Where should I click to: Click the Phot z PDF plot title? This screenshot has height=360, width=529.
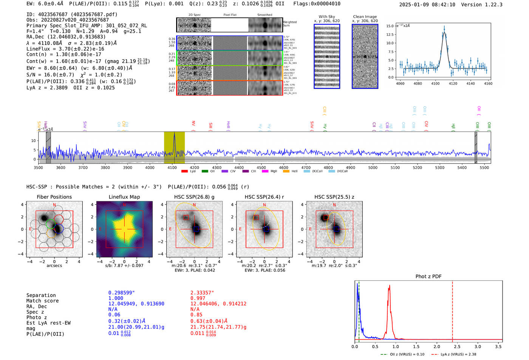point(428,277)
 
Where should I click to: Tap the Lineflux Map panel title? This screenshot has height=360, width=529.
point(124,197)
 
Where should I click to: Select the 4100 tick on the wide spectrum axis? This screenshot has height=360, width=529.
point(172,167)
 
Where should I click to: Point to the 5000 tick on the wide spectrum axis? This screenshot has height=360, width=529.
point(373,167)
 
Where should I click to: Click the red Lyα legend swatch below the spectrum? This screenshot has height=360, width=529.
point(184,172)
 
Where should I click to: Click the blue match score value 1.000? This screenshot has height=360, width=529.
point(116,298)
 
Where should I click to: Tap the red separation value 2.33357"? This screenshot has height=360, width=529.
point(202,293)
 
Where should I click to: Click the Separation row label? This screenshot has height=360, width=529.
point(41,295)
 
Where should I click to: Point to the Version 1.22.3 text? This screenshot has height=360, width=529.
point(487,5)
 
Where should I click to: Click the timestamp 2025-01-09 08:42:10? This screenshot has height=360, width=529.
point(427,5)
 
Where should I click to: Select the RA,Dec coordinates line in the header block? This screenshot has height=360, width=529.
point(66,37)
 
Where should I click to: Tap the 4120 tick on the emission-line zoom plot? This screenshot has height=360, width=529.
point(453,83)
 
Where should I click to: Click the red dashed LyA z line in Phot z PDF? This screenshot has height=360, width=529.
point(452,310)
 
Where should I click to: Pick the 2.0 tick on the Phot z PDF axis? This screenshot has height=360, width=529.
point(437,346)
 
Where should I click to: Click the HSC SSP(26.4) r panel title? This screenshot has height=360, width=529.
point(264,197)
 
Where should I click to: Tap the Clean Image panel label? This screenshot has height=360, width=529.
point(365,17)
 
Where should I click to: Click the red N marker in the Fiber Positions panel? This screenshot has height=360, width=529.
point(54,205)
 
